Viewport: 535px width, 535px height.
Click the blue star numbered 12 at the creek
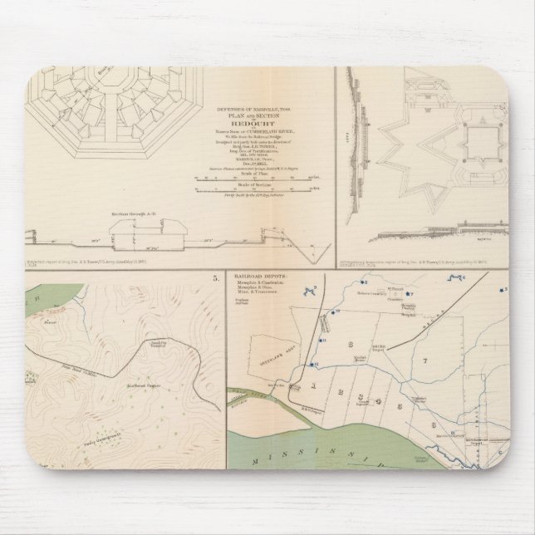[x=311, y=365]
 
